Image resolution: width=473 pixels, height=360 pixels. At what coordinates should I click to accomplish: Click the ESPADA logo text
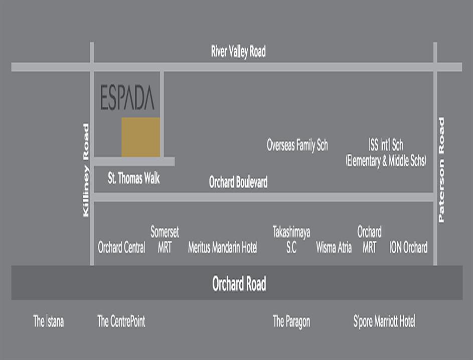pos(127,98)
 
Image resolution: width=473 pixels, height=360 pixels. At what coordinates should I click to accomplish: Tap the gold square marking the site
pos(141,137)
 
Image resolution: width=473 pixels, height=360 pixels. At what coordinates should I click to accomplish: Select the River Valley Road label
pos(238,51)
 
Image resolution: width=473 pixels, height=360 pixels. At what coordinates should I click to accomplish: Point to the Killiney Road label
pos(86,170)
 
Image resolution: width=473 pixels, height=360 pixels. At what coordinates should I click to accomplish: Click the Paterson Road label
pos(441,170)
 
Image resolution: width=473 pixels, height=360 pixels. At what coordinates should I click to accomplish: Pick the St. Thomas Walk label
pos(134,178)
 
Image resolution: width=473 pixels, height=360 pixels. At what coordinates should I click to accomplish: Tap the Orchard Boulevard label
pos(238,182)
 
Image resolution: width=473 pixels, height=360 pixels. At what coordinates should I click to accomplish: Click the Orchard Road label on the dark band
pos(239,284)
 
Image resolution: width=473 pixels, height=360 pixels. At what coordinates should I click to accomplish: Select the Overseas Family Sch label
pos(297,146)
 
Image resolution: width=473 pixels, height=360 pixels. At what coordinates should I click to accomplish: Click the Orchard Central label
pos(122,247)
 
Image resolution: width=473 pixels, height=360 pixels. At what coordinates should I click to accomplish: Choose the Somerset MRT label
pos(165,239)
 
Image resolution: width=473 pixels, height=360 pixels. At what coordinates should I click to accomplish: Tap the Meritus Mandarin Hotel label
pos(223,247)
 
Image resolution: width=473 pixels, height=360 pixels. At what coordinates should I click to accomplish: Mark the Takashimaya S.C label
pos(291,239)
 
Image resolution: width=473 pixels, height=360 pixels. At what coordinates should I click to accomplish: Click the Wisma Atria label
pos(334,247)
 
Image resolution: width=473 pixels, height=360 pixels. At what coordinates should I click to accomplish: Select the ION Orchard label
pos(409,247)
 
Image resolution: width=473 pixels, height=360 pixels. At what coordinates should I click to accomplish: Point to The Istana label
pos(49,321)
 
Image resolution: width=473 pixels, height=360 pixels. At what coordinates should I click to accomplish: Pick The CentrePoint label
pos(121,321)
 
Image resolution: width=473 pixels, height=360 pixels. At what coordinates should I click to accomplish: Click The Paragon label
pos(291,321)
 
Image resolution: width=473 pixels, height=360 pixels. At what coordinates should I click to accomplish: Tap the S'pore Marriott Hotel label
pos(384,321)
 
